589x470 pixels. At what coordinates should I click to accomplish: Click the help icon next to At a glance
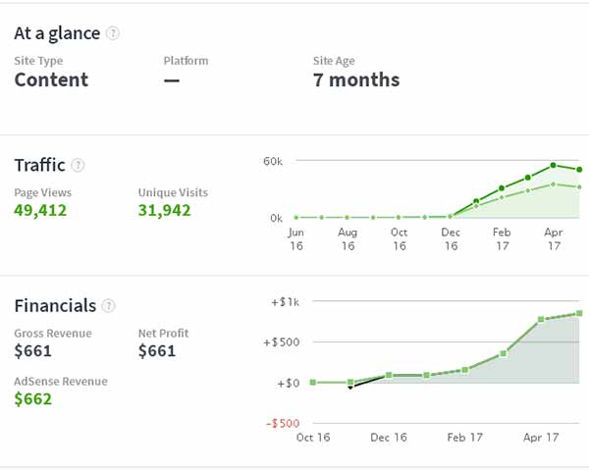113,33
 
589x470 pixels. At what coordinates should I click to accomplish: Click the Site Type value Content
51,79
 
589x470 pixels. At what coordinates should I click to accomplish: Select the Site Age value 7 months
355,79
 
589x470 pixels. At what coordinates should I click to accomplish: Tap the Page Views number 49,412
40,209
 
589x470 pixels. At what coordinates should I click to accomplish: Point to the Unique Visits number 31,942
164,209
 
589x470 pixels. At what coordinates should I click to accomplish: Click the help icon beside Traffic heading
79,166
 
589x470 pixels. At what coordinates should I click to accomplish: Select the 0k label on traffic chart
276,218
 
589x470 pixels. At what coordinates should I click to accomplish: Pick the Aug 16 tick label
348,239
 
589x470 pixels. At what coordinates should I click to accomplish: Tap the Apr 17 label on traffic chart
554,239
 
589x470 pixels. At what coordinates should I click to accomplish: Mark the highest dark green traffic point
554,165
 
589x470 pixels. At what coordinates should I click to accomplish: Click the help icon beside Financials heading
109,306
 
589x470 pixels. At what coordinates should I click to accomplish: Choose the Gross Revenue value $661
32,351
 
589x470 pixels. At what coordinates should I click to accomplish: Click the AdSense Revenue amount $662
32,398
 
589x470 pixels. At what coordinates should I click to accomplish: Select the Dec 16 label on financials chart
390,438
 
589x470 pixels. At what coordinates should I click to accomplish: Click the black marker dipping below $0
350,388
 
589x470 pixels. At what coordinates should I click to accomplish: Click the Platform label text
187,60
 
